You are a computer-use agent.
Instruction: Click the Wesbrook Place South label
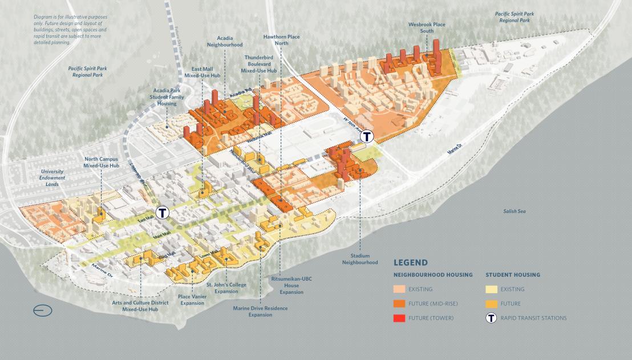(x=426, y=28)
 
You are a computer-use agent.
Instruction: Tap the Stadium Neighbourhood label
(x=360, y=259)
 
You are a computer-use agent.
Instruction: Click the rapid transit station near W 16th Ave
(x=367, y=136)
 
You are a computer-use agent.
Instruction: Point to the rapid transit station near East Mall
(x=163, y=212)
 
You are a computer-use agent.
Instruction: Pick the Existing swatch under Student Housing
(x=492, y=289)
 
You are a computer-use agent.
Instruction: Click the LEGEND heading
(x=411, y=262)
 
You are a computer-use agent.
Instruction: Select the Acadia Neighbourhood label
(x=225, y=41)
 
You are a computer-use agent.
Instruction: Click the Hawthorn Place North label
(x=281, y=40)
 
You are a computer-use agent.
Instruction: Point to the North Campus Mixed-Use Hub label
(x=102, y=163)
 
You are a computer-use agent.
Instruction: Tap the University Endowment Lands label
(x=52, y=177)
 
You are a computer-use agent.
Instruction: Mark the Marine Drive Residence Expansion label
(x=260, y=312)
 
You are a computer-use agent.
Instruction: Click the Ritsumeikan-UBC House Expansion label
(x=291, y=285)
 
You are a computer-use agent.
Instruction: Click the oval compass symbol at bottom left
(x=43, y=311)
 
